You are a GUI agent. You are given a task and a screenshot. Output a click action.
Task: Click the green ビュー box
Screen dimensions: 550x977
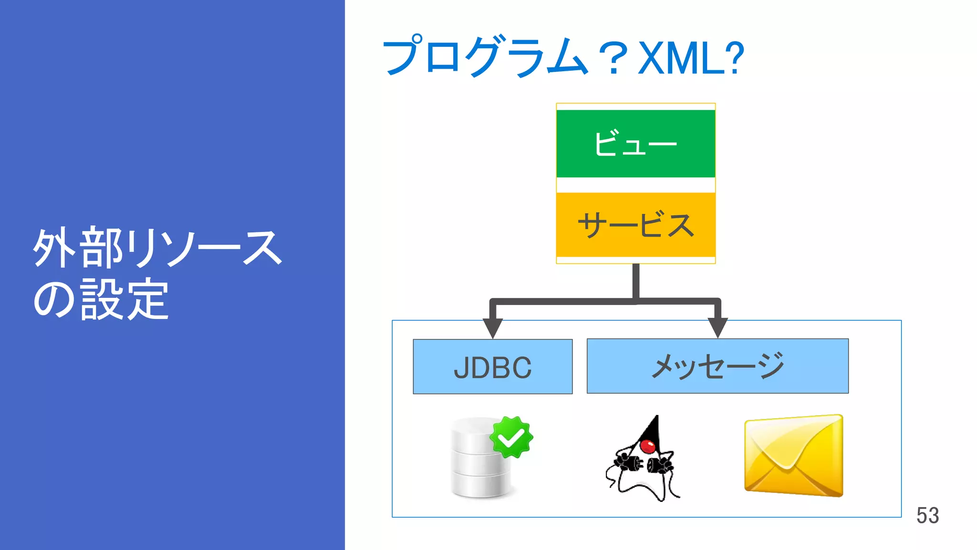(635, 143)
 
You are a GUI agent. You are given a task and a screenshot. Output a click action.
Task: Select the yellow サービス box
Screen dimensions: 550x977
(635, 224)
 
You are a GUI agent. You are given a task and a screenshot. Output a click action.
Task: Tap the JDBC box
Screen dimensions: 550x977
(492, 367)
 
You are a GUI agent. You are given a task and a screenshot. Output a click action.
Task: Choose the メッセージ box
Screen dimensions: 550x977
(717, 366)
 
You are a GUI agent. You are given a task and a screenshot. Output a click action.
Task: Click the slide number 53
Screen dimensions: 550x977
(927, 516)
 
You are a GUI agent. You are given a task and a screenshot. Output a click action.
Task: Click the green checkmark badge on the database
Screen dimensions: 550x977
(511, 437)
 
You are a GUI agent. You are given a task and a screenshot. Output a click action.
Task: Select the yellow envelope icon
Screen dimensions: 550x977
(794, 455)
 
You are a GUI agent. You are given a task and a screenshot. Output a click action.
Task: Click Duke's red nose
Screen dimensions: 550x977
(648, 446)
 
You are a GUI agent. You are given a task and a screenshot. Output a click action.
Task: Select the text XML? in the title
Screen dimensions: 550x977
(691, 58)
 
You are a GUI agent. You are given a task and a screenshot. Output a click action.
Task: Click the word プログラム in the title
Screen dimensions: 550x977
(484, 56)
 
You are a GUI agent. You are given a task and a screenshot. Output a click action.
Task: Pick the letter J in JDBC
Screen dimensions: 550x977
(461, 368)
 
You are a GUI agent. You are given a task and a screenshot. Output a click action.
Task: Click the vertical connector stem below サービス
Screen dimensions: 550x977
(635, 282)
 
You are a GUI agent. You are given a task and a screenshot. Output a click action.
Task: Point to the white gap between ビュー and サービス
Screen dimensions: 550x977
(635, 185)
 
